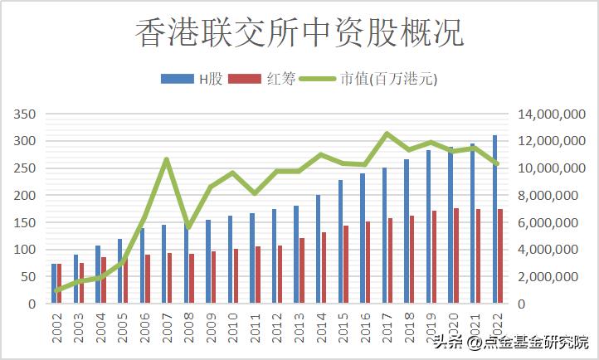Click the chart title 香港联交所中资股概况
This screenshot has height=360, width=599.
299,33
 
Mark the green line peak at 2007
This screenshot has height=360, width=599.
167,159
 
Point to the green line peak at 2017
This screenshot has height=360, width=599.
386,134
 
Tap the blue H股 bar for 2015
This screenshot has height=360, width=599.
340,241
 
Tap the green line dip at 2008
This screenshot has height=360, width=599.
188,226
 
